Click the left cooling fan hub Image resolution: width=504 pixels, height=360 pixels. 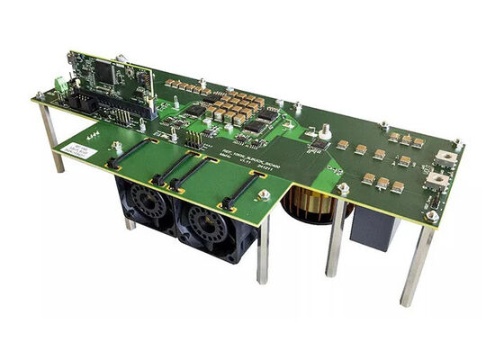(x=145, y=204)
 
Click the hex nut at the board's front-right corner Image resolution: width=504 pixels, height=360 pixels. (x=433, y=216)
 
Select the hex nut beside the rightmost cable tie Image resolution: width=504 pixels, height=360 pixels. (x=264, y=194)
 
